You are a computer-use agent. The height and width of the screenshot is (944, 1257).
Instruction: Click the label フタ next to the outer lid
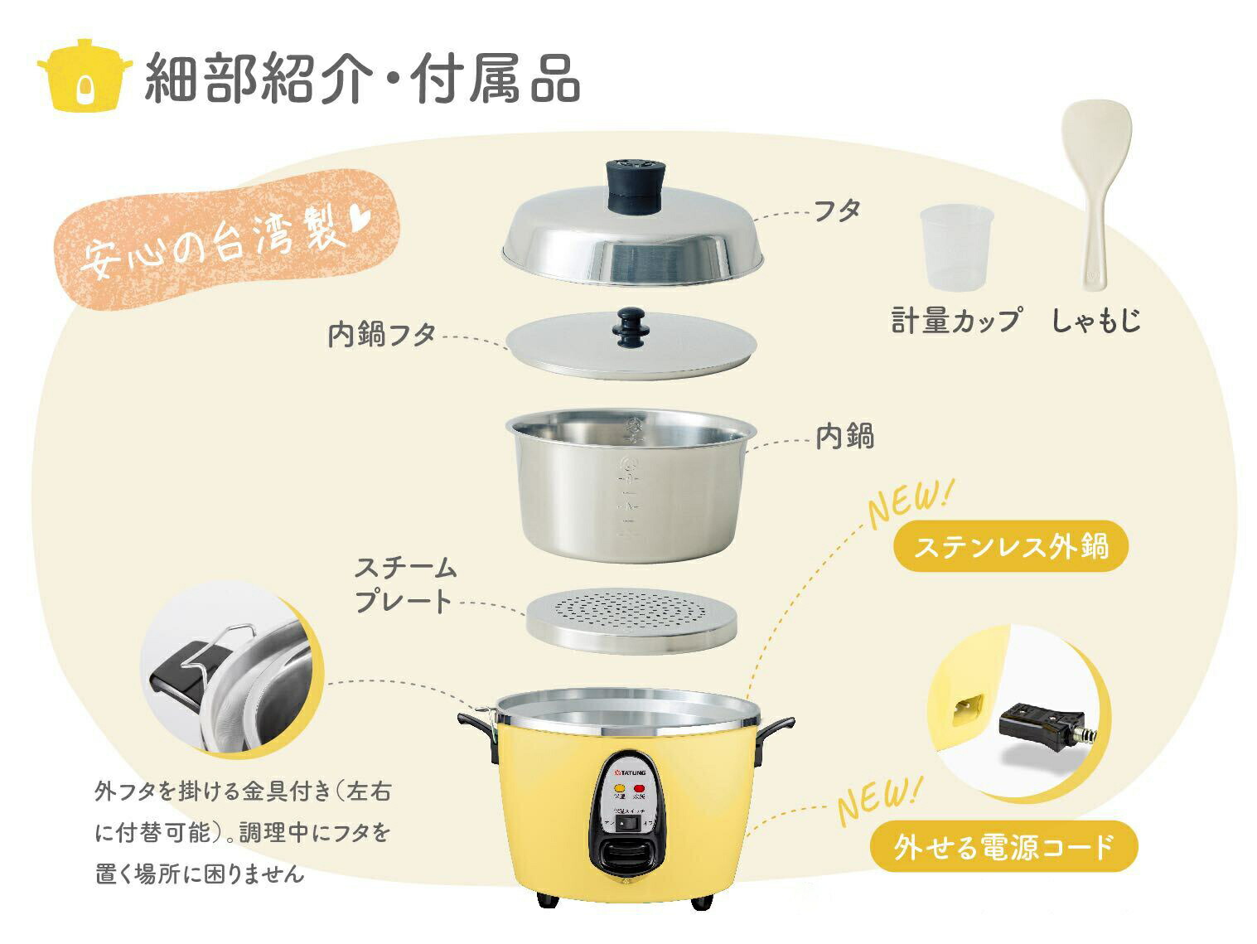(x=837, y=211)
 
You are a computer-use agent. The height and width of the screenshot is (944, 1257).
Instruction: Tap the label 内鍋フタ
(x=382, y=335)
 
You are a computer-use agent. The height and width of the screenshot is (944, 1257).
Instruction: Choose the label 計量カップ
(x=955, y=320)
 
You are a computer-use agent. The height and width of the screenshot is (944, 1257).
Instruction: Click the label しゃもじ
(x=1096, y=320)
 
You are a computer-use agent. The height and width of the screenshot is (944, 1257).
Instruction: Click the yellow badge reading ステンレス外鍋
(x=1011, y=546)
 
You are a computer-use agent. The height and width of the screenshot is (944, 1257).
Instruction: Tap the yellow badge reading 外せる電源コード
(x=1003, y=846)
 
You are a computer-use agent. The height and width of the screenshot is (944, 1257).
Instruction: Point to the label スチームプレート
(x=405, y=584)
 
